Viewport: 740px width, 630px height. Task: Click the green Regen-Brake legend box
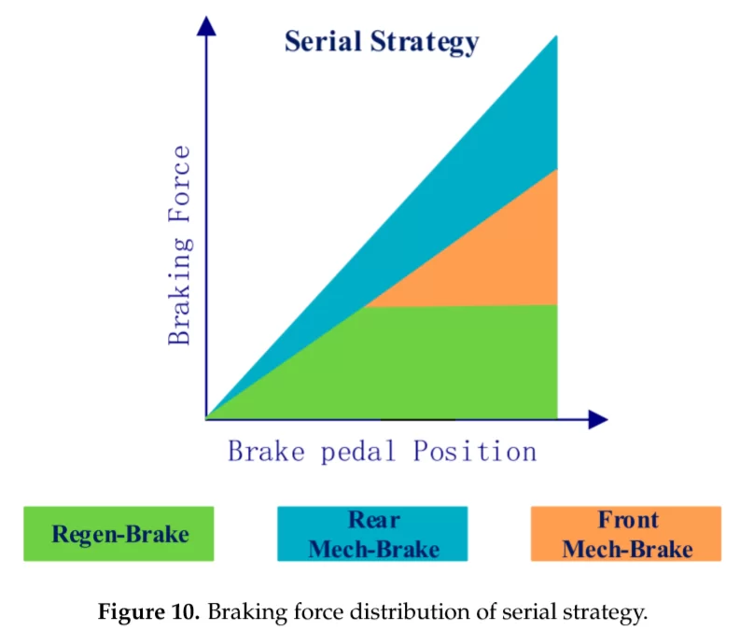(119, 534)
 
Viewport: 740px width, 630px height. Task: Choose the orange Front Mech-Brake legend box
(626, 534)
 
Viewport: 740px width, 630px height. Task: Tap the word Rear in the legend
(373, 520)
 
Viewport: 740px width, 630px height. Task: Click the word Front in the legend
(628, 520)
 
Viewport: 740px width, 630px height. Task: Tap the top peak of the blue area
(556, 37)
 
